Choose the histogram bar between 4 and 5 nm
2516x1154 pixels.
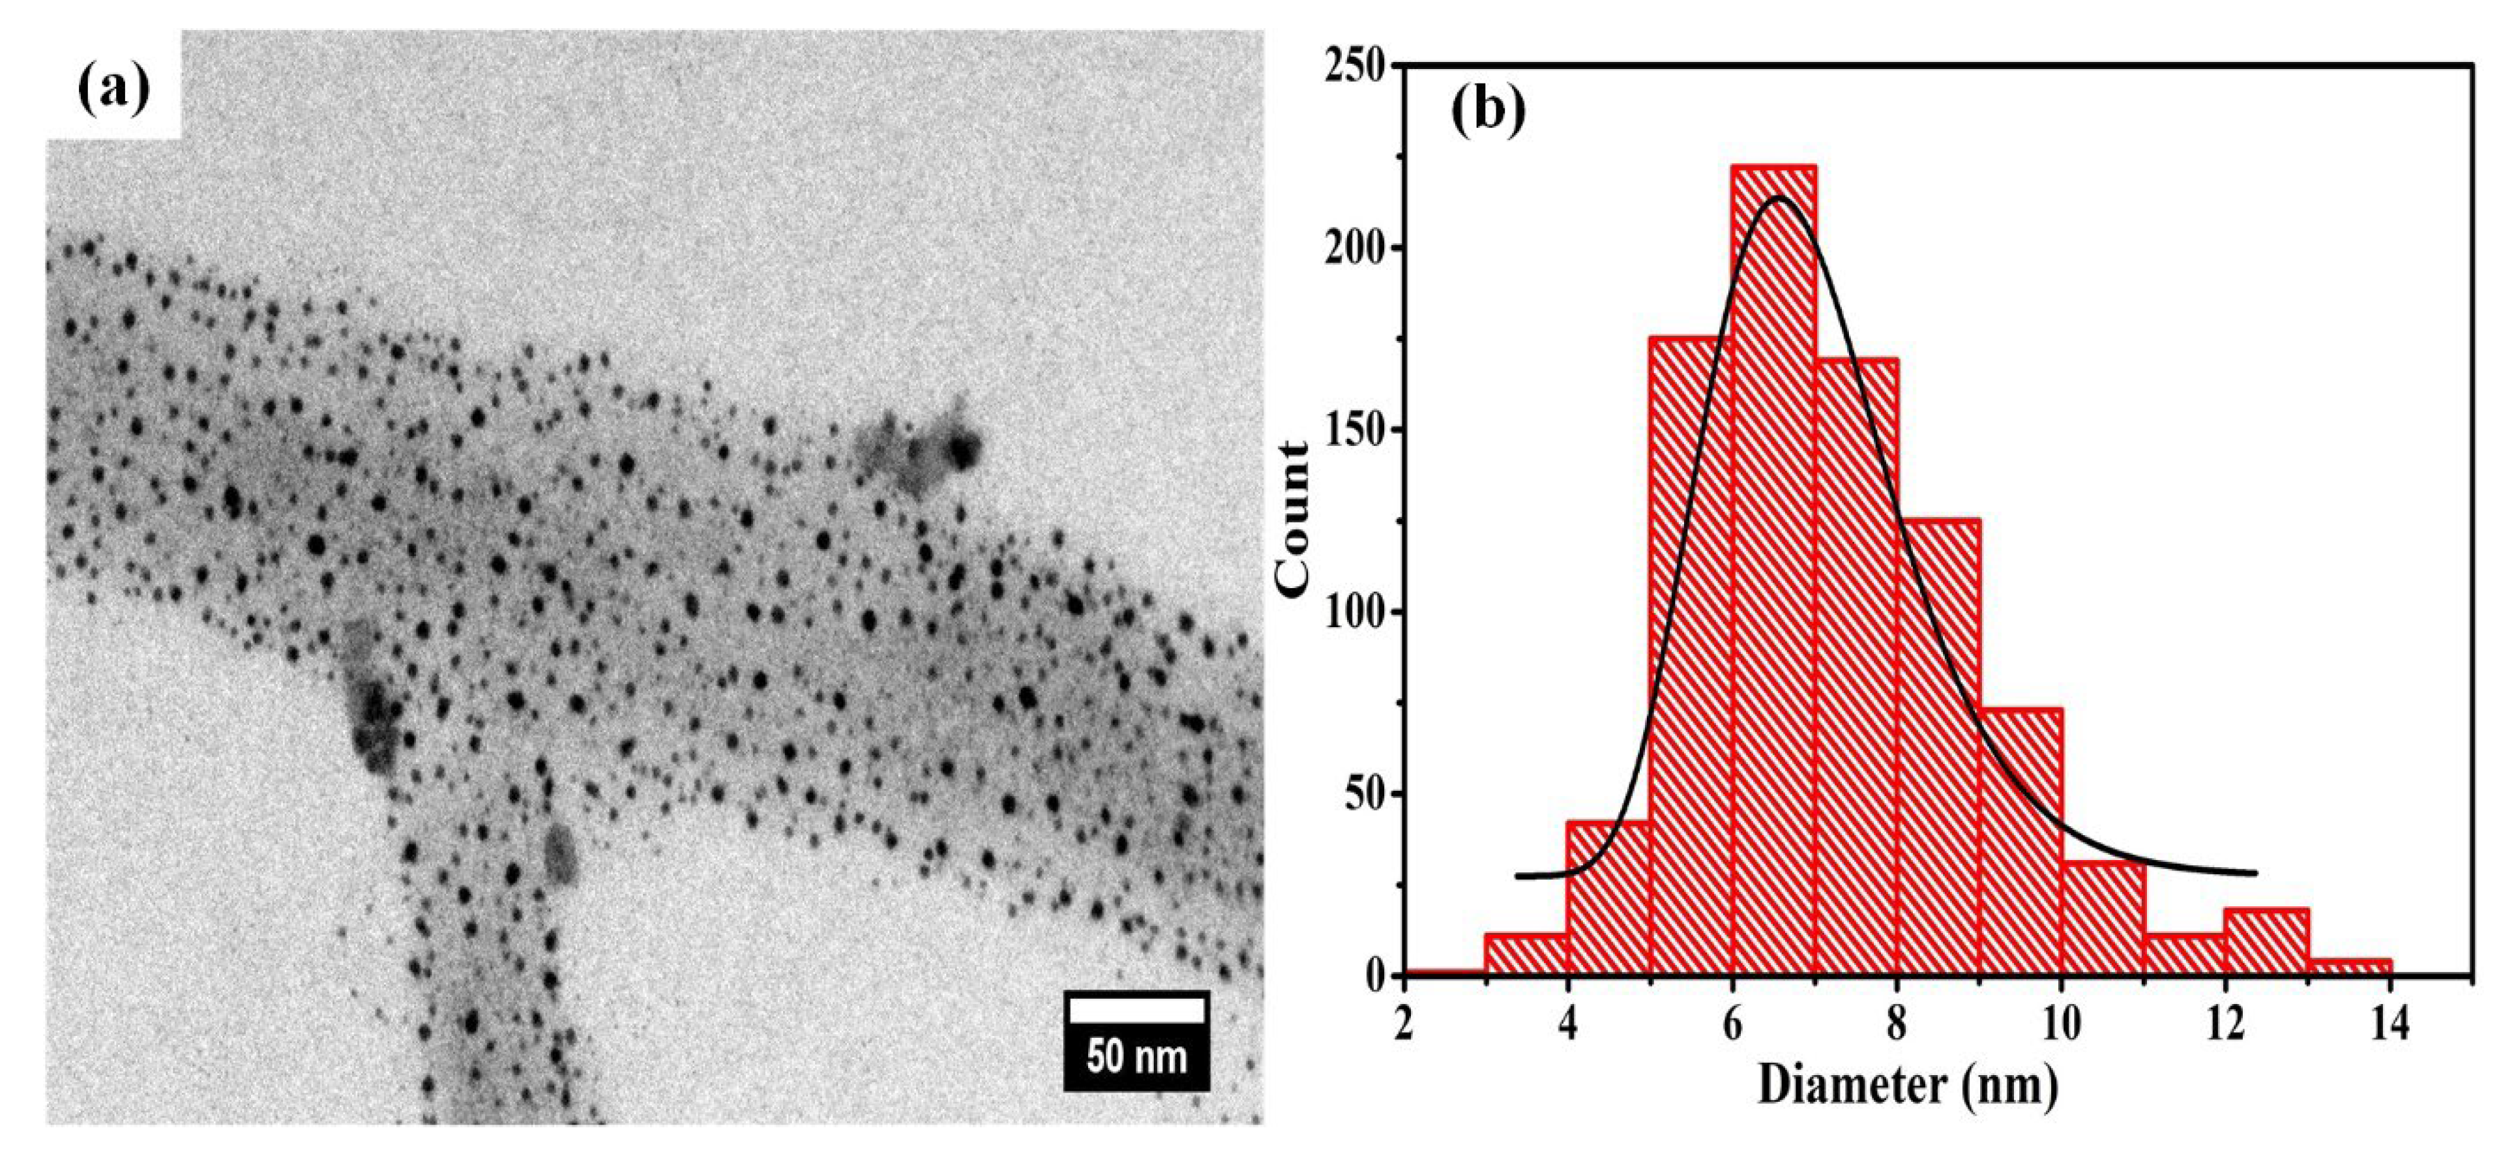pyautogui.click(x=1608, y=898)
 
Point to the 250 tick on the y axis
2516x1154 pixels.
pyautogui.click(x=1361, y=67)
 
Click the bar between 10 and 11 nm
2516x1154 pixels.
pyautogui.click(x=2103, y=918)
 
